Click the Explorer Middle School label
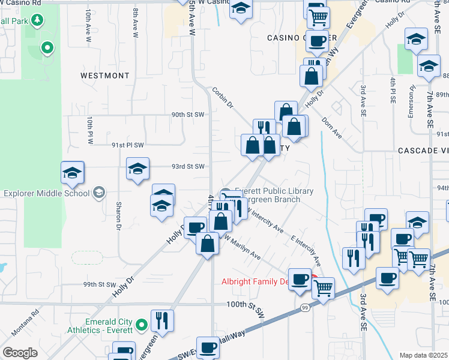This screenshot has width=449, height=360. coord(46,193)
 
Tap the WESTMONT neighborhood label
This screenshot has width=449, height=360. coord(105,76)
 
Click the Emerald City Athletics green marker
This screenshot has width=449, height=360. coord(142,326)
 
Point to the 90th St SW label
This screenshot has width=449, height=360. coord(188,114)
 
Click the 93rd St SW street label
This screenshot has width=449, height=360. coord(188,166)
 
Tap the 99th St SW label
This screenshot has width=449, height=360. coord(99,284)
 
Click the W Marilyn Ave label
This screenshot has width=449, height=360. coord(243,247)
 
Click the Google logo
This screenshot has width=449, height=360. coord(19,353)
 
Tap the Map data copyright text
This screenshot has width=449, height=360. coord(424,355)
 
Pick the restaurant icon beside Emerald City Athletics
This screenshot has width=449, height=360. coord(161,320)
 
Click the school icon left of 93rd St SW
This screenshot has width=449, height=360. coord(137,170)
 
